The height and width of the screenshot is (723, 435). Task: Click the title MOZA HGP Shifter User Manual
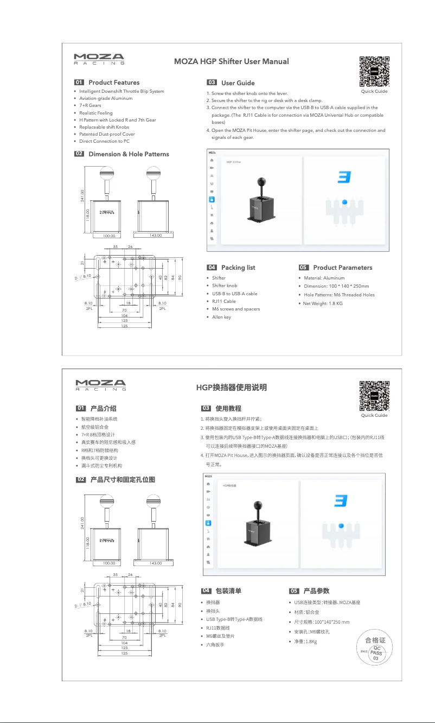click(x=231, y=61)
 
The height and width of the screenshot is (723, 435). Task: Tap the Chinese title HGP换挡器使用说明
click(x=231, y=388)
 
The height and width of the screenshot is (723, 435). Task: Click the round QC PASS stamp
click(x=375, y=650)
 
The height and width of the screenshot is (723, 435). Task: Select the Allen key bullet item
click(x=221, y=316)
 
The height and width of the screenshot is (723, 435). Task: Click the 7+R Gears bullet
click(x=90, y=105)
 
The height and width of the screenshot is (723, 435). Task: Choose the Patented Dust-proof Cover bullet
click(x=107, y=134)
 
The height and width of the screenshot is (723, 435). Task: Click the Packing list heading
click(x=238, y=267)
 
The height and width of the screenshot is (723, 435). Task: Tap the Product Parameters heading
click(x=342, y=267)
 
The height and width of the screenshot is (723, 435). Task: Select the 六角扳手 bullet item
click(x=215, y=645)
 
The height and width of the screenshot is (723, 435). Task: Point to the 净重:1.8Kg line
click(x=305, y=641)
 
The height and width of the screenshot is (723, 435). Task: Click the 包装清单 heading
click(x=228, y=591)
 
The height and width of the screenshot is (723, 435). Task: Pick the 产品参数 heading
click(x=316, y=591)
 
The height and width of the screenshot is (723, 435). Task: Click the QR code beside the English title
click(x=374, y=71)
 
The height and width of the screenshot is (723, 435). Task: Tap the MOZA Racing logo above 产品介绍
click(x=100, y=385)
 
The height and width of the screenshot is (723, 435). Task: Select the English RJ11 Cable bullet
click(x=223, y=301)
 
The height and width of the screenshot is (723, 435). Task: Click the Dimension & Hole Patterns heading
click(x=128, y=154)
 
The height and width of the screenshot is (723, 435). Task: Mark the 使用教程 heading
click(x=228, y=408)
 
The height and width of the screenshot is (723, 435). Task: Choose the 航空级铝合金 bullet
click(x=94, y=427)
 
